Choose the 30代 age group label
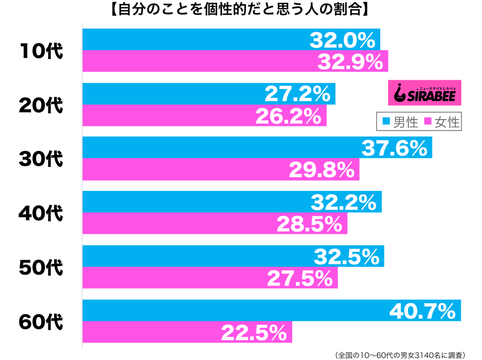click(x=41, y=159)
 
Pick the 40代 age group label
click(x=41, y=214)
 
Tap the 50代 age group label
click(x=41, y=268)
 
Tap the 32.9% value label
click(x=350, y=62)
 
